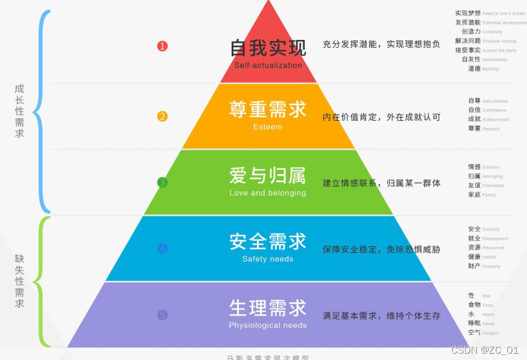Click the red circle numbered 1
pos(162,46)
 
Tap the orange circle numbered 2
pos(162,116)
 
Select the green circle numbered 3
pos(162,182)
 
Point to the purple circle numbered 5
pos(162,315)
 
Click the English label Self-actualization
pos(268,66)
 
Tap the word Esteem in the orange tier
pos(267,127)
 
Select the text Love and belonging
pos(267,193)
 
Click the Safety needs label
pos(267,259)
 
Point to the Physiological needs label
pos(267,325)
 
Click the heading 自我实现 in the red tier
pos(268,48)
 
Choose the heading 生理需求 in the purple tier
pos(267,307)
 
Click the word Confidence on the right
pos(494,110)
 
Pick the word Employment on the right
pos(495,239)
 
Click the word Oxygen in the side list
pos(490,333)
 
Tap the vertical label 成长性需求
pos(19,111)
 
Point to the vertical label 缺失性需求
pos(19,281)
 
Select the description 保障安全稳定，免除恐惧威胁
pos(381,250)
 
